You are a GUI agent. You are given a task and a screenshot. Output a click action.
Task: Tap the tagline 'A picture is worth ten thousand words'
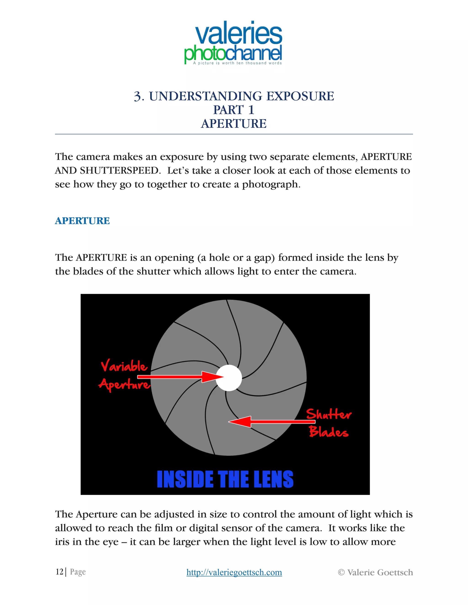click(237, 63)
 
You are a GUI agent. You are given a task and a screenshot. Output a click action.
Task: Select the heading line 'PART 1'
click(234, 110)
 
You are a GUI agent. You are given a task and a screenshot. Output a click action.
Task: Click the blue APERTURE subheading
click(82, 221)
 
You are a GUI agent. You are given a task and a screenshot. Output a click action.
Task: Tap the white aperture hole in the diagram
click(229, 378)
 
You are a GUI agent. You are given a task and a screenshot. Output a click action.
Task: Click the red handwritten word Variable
click(124, 366)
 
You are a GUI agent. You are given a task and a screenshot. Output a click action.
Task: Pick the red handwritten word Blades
click(329, 431)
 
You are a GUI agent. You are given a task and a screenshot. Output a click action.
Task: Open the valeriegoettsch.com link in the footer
click(234, 572)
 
